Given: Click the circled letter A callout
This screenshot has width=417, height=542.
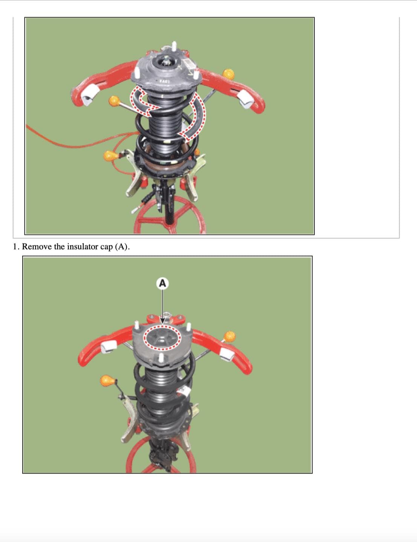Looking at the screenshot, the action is click(x=163, y=283).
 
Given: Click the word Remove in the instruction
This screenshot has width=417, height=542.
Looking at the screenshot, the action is click(x=37, y=247).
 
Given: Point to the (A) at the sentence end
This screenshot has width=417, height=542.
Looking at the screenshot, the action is click(x=122, y=247).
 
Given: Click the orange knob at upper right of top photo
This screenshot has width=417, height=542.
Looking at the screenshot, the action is click(x=228, y=74).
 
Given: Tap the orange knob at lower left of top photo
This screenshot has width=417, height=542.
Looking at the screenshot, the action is click(x=111, y=156).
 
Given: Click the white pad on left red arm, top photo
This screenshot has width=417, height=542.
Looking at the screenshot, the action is click(x=90, y=95).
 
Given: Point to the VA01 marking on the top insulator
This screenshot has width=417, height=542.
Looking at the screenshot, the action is click(x=164, y=81).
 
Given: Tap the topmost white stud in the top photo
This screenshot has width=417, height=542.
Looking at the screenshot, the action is click(x=174, y=46).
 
